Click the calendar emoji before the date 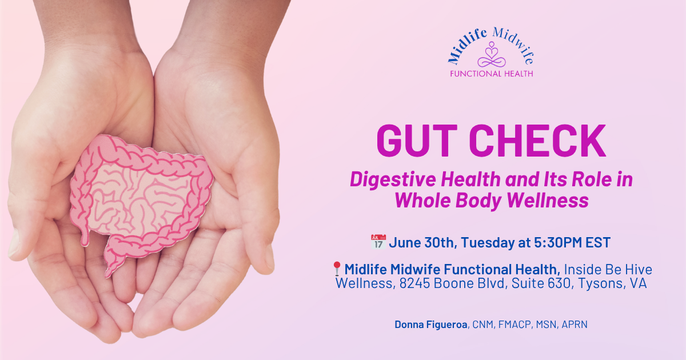[x=378, y=242]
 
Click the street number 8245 [x=412, y=283]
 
